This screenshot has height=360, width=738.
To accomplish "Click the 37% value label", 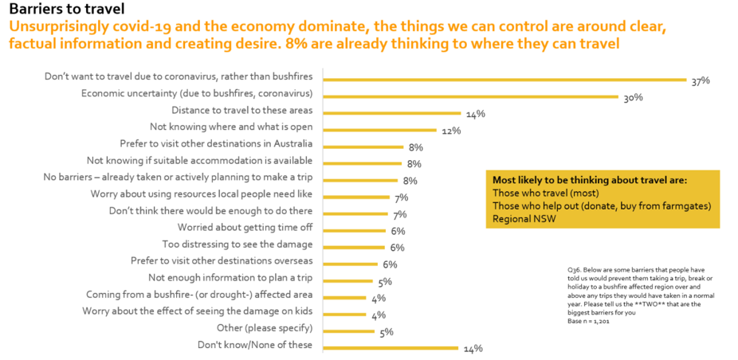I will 701,81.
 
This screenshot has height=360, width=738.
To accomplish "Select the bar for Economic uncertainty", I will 470,96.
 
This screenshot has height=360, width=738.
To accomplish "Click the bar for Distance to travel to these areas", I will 392,113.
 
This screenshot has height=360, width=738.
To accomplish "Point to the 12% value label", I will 451,131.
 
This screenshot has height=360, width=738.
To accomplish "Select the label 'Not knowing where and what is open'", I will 232,127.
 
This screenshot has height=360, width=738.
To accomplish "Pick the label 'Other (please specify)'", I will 265,327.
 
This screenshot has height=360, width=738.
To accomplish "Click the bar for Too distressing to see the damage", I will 354,246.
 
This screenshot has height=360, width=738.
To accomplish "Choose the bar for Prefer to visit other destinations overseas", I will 351,263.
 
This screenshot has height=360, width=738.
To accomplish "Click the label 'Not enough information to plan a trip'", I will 231,277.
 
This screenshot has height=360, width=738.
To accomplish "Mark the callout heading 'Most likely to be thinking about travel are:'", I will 590,180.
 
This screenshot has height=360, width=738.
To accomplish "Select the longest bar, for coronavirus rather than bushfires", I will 504,80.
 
